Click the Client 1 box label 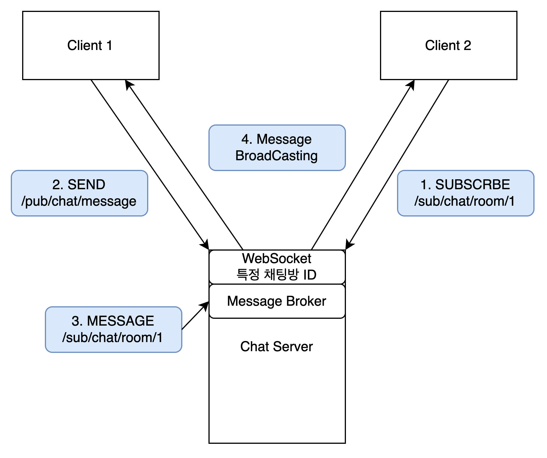(x=90, y=45)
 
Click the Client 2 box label (x=448, y=45)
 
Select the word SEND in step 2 (x=86, y=185)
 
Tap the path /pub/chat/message (x=79, y=201)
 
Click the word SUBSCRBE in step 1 (x=473, y=185)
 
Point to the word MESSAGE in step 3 (x=120, y=321)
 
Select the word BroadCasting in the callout (x=277, y=156)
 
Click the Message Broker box (x=277, y=301)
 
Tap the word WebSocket (x=277, y=259)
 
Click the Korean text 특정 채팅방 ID (x=277, y=275)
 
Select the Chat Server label (x=277, y=347)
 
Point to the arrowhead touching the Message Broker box (x=205, y=305)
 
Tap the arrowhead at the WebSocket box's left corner (x=206, y=245)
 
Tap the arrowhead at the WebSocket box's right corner (x=349, y=245)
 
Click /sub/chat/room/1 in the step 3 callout (x=112, y=338)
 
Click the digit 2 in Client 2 (x=467, y=45)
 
